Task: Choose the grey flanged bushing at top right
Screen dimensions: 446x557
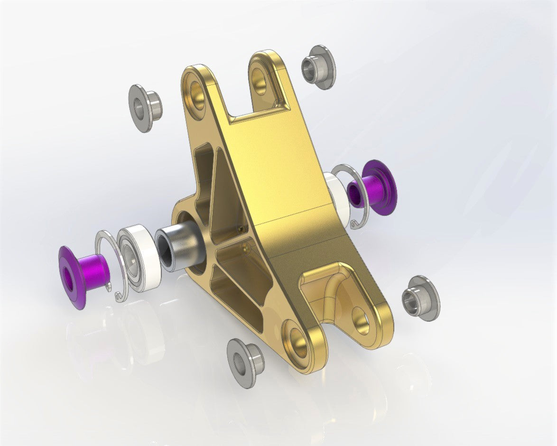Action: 318,67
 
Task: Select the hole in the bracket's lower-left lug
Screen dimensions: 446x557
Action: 297,339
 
